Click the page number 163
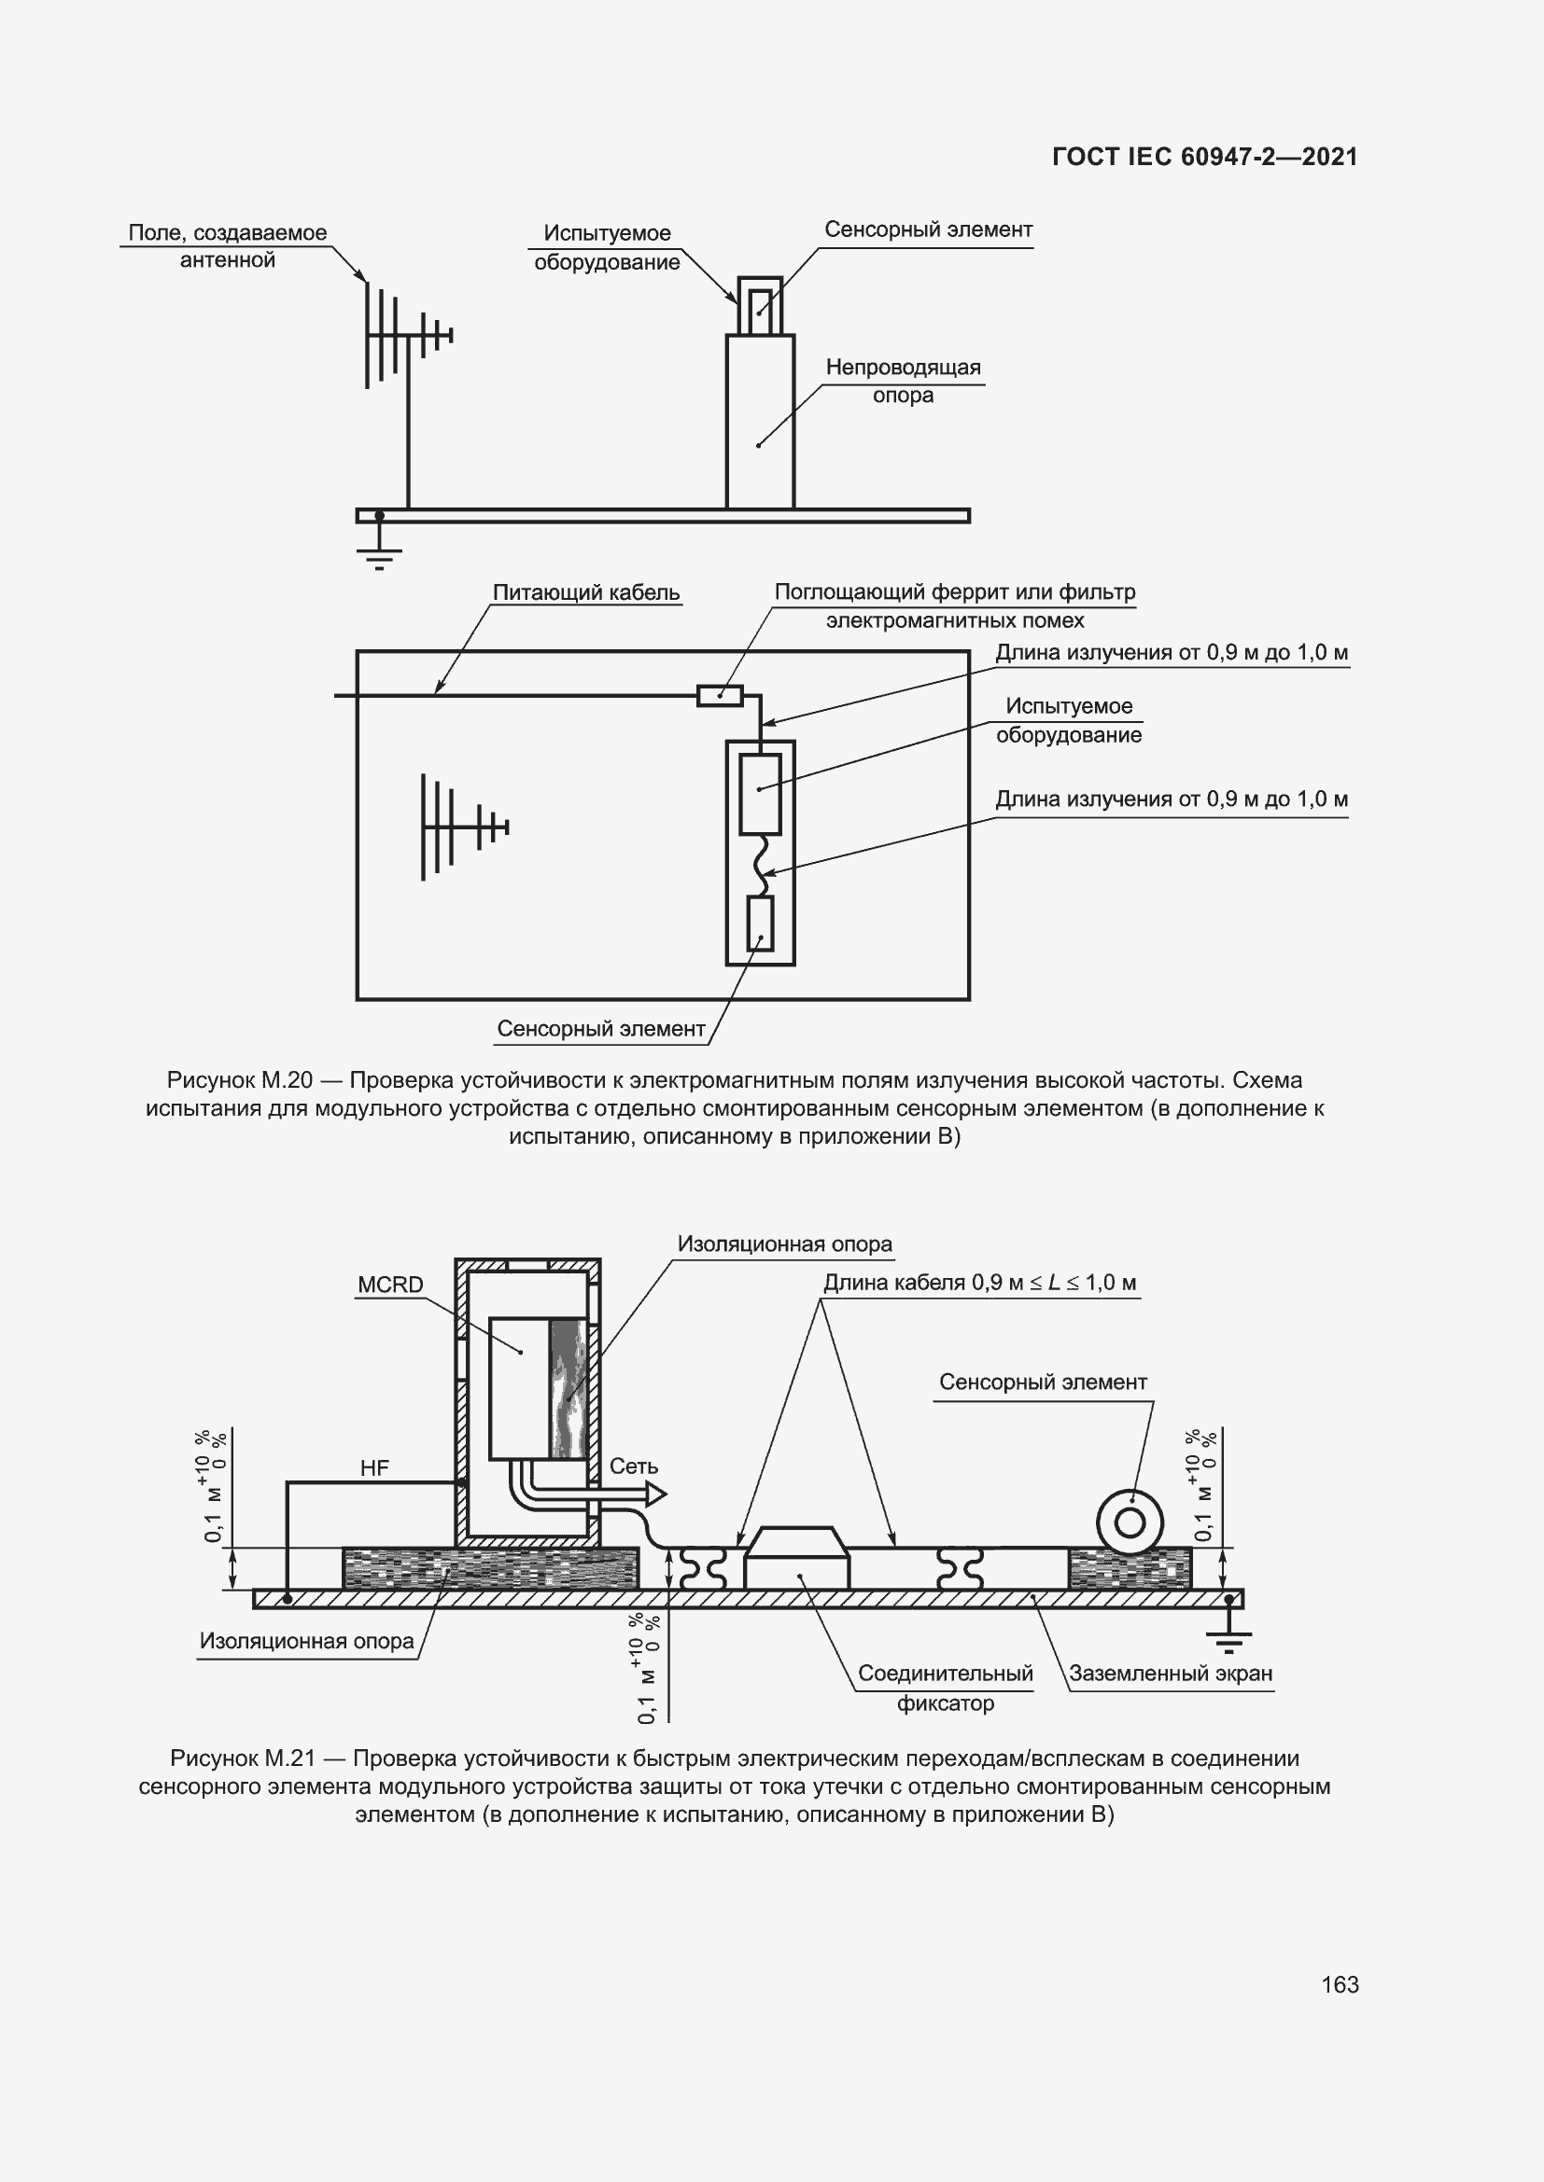pyautogui.click(x=1339, y=1984)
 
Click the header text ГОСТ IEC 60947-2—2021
pyautogui.click(x=1204, y=157)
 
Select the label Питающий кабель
pyautogui.click(x=585, y=592)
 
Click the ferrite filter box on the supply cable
pyautogui.click(x=720, y=696)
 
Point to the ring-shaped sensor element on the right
pyautogui.click(x=1130, y=1523)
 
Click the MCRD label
pyautogui.click(x=390, y=1285)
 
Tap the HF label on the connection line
pyautogui.click(x=374, y=1468)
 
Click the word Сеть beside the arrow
pyautogui.click(x=633, y=1466)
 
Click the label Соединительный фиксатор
pyautogui.click(x=944, y=1688)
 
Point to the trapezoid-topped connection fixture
pyautogui.click(x=795, y=1558)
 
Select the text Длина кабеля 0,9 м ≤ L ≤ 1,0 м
pyautogui.click(x=979, y=1283)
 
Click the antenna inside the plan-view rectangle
pyautogui.click(x=460, y=826)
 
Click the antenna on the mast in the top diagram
pyautogui.click(x=404, y=335)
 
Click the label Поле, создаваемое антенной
pyautogui.click(x=227, y=246)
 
